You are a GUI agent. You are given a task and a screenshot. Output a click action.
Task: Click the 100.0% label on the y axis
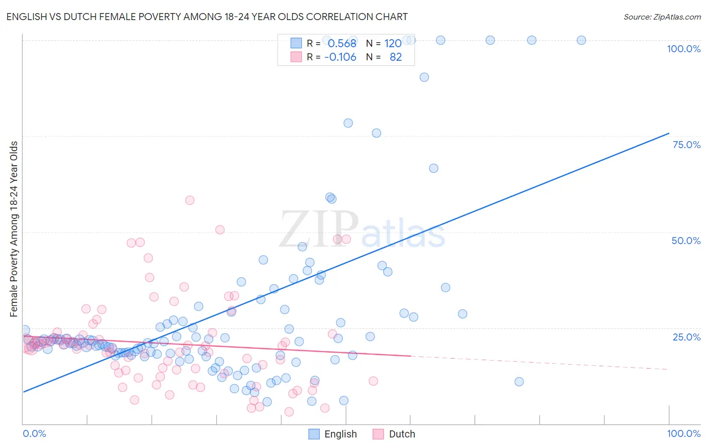coord(683,49)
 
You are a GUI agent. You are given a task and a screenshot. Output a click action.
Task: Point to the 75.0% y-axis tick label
coord(686,145)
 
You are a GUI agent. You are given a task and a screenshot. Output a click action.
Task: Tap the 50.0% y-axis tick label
coord(686,241)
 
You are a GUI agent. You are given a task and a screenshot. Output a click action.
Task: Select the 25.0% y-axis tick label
coord(686,337)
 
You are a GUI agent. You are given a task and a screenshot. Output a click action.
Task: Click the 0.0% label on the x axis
coord(34,433)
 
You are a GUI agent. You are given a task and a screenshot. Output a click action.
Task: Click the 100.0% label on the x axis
coord(683,433)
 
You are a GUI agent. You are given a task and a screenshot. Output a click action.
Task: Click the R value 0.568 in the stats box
coord(342,43)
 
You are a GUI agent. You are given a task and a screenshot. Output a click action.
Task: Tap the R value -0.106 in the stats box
coord(340,57)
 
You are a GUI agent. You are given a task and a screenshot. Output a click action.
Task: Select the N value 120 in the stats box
coord(393,43)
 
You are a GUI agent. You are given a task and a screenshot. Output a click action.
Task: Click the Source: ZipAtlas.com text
coord(662,17)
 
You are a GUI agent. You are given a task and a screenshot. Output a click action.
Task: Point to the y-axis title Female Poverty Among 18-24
coord(14,229)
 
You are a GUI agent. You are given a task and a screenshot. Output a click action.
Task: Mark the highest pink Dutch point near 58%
coord(190,200)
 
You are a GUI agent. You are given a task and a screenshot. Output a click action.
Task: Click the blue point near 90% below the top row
coord(424,77)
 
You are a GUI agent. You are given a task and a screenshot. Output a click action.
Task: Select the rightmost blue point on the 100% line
coord(581,40)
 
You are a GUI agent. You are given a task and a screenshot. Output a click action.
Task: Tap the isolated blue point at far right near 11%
coord(519,382)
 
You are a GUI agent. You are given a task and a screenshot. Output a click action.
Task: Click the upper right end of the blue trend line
coord(668,133)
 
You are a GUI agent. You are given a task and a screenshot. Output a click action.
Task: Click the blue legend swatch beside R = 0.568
coord(296,43)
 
